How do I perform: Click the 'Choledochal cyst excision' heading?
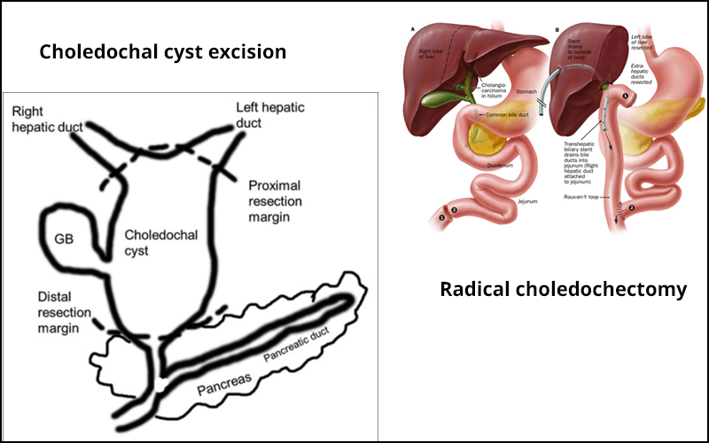(x=162, y=51)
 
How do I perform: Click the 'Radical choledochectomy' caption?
(x=563, y=290)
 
